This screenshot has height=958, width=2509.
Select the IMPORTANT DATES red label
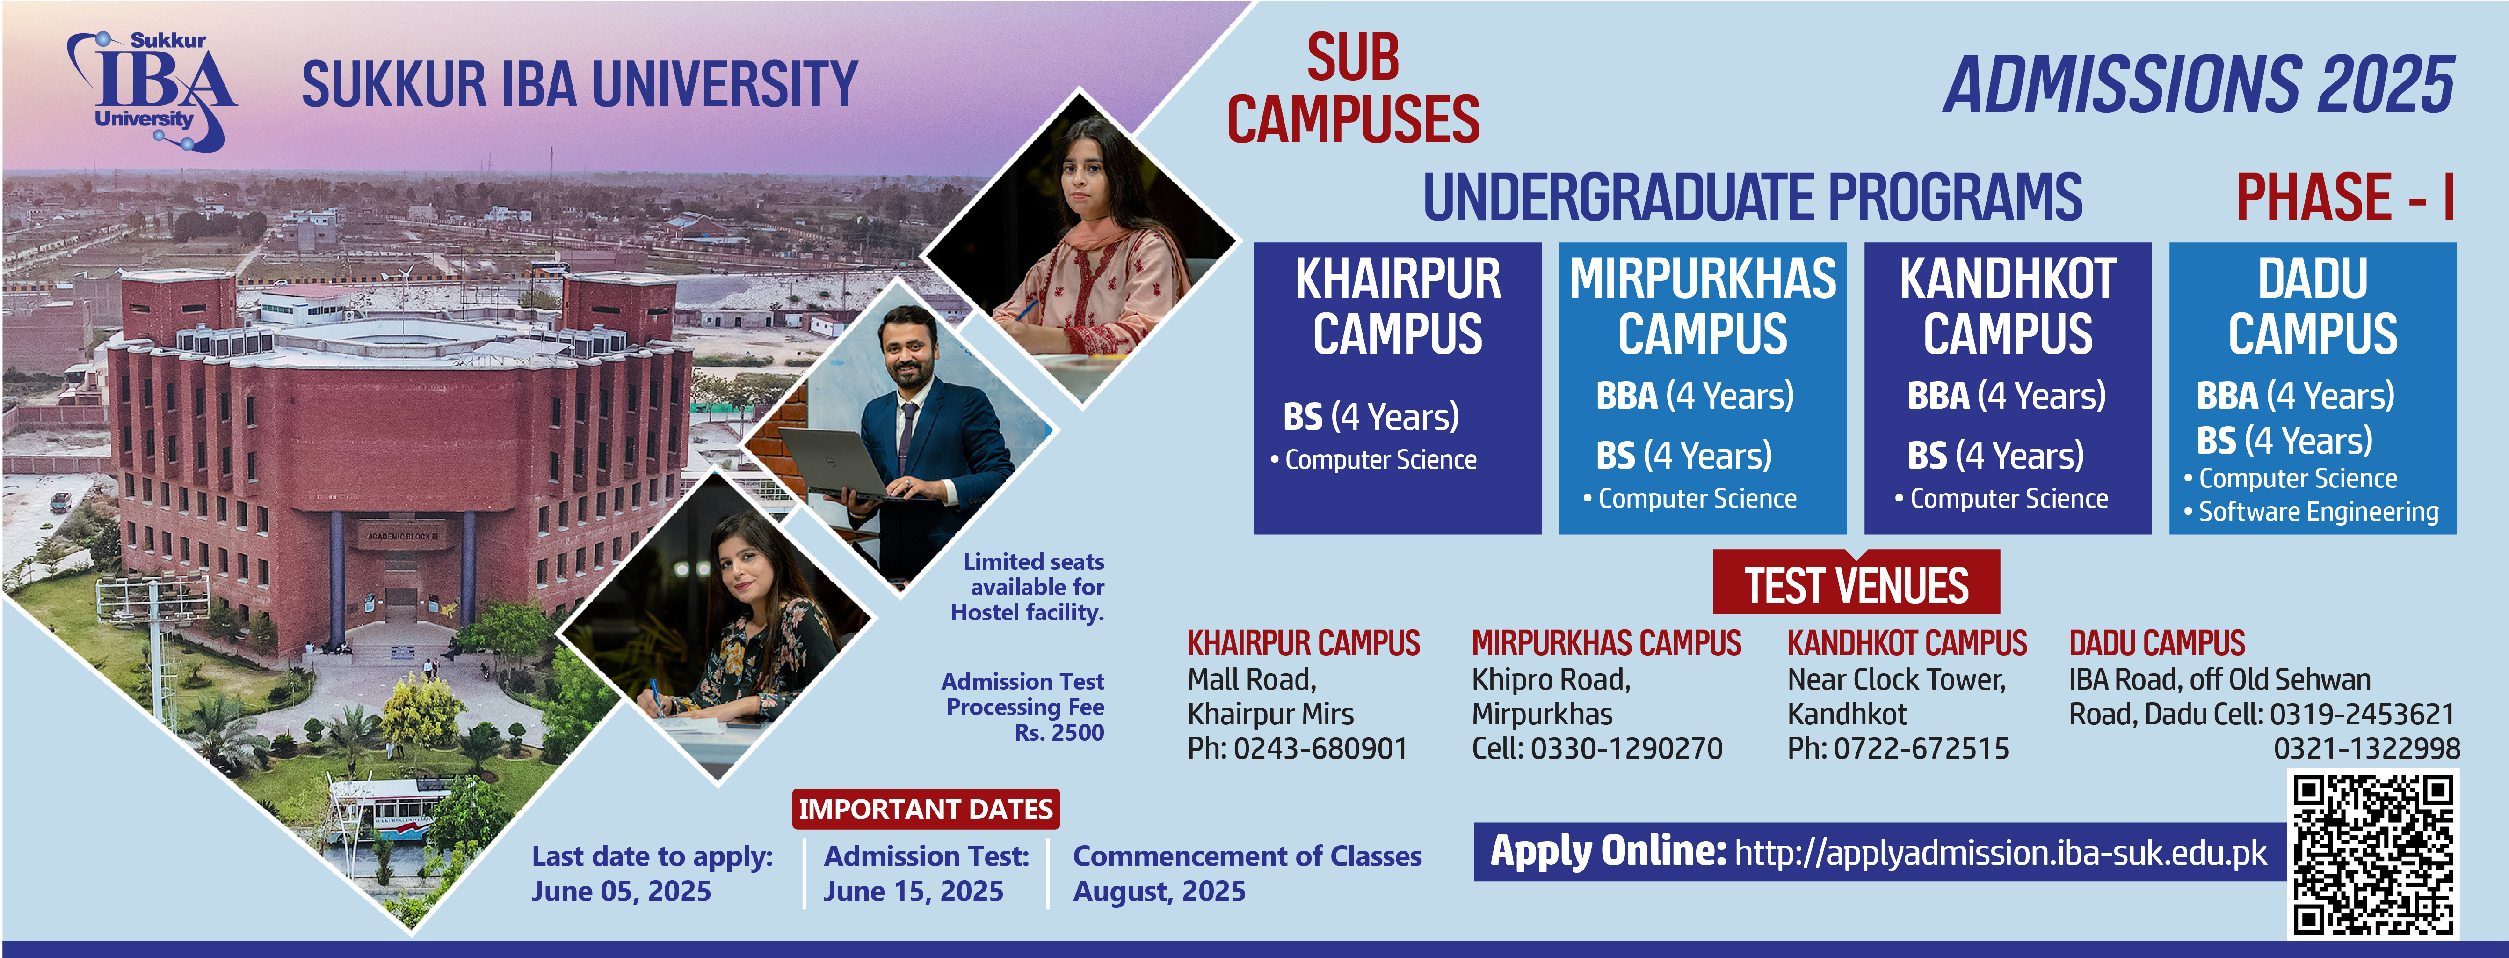tap(925, 809)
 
